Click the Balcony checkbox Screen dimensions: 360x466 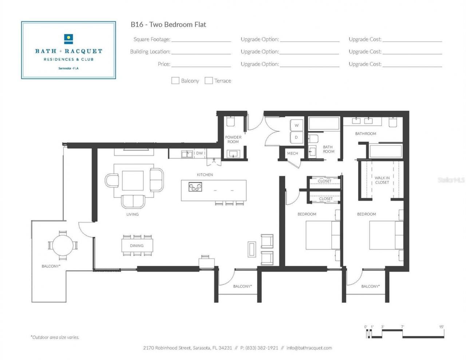(x=175, y=81)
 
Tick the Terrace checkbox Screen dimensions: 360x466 (x=209, y=81)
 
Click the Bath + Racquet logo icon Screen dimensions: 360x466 (x=68, y=39)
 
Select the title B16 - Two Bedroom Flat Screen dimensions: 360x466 (x=168, y=24)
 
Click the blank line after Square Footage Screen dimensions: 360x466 (x=201, y=40)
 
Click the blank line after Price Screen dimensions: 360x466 (x=201, y=64)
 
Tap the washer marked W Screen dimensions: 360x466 (x=296, y=125)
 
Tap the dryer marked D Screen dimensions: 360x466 (x=296, y=137)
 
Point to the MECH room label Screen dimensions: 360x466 (x=292, y=153)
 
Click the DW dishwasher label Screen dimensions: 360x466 (x=200, y=153)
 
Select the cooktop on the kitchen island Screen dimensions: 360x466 (x=195, y=187)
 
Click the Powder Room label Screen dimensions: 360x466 (x=233, y=139)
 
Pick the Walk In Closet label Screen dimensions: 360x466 (x=382, y=180)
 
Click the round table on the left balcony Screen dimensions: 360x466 (x=63, y=245)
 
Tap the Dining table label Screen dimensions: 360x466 (x=137, y=246)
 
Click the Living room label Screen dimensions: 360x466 (x=133, y=214)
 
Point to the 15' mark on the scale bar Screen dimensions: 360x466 (x=441, y=327)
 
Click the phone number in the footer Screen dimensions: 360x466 (x=261, y=348)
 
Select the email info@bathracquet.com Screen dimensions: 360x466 (x=309, y=348)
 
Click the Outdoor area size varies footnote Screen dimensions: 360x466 (x=55, y=337)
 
